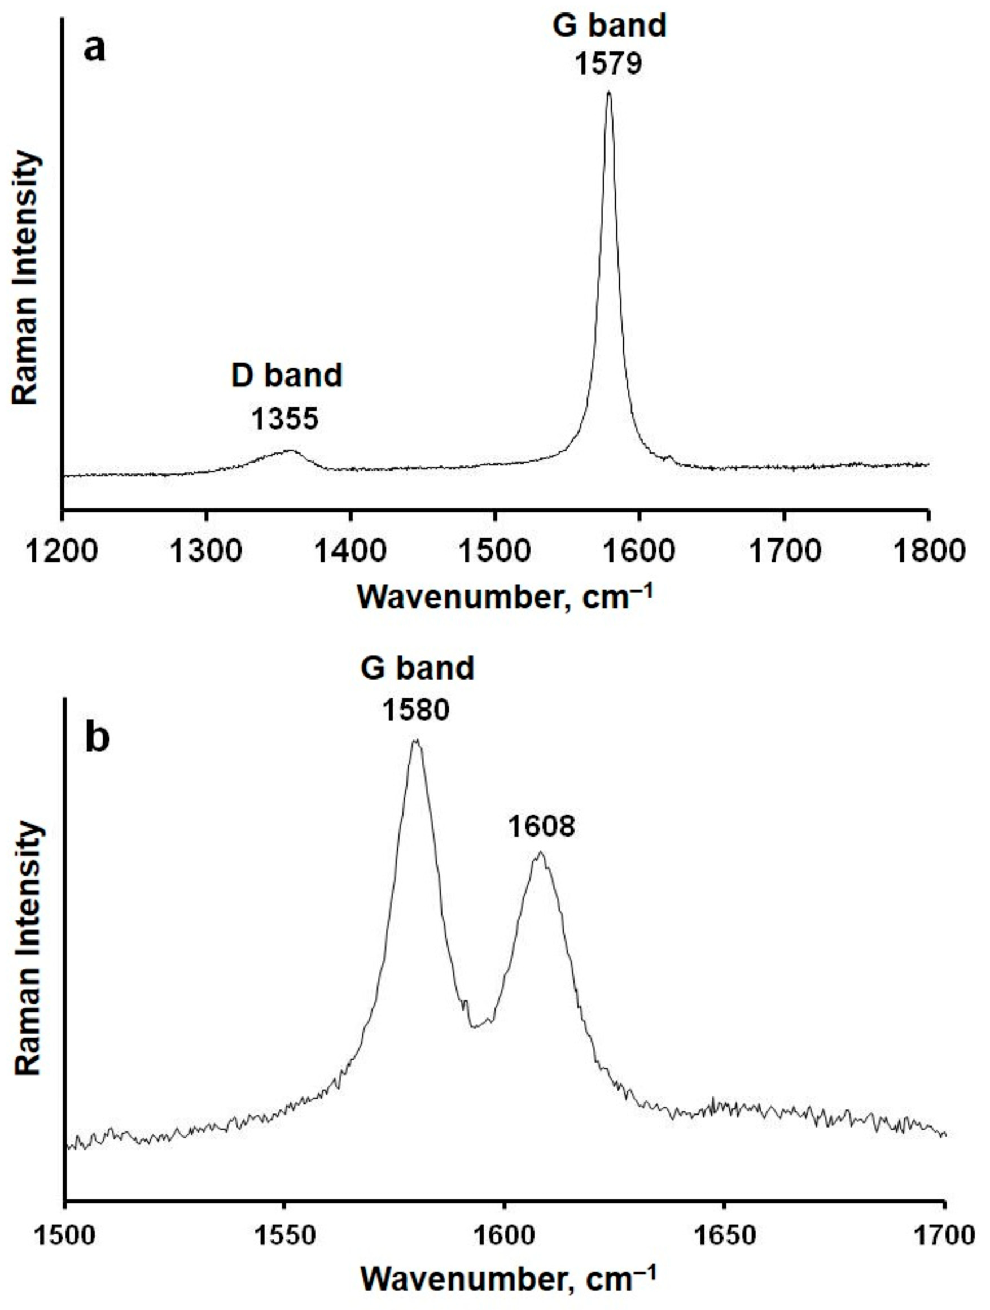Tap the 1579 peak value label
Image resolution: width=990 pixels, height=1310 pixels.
(609, 64)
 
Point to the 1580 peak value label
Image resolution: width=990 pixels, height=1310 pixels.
(416, 709)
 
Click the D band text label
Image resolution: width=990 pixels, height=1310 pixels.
(286, 376)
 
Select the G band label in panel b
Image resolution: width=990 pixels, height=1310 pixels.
(417, 668)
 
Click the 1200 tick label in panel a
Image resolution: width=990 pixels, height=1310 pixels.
(62, 551)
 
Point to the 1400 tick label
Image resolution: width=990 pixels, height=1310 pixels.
(351, 551)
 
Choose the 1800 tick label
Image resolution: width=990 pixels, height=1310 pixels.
(928, 551)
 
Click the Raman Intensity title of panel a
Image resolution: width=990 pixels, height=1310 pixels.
(27, 278)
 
